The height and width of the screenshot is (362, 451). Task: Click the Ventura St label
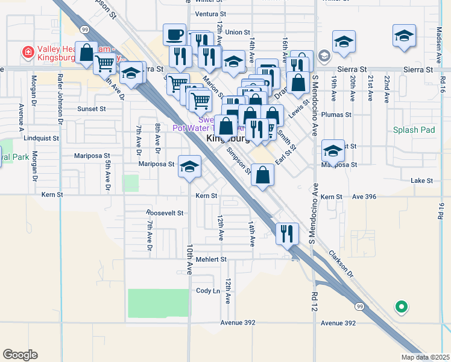pos(210,14)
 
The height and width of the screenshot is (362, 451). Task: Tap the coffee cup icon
pos(174,34)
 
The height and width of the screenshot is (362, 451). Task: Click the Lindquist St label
pos(42,138)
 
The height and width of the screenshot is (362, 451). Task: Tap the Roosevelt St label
pos(165,213)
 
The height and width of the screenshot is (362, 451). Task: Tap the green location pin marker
pos(401,307)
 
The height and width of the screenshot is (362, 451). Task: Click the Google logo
pos(20,355)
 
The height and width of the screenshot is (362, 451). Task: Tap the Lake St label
pos(421,180)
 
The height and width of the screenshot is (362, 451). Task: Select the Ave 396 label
pos(364,197)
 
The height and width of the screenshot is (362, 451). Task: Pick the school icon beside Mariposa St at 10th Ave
pos(189,167)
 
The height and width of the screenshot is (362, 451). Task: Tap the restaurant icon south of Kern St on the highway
pos(288,232)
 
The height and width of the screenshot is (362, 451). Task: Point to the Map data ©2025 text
pos(424,357)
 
